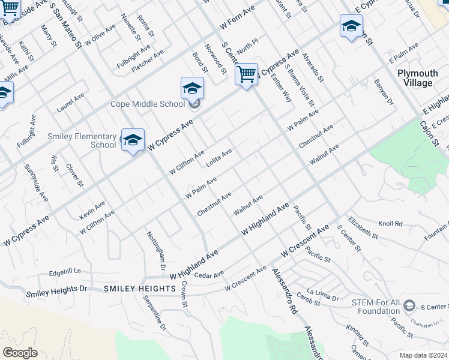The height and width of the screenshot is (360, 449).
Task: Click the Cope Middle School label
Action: (x=148, y=104)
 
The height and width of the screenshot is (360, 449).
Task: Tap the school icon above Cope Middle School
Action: (x=192, y=89)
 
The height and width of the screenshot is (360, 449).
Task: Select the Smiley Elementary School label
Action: (x=82, y=140)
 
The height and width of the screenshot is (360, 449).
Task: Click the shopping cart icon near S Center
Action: (x=246, y=75)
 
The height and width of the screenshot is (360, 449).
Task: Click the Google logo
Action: (x=20, y=353)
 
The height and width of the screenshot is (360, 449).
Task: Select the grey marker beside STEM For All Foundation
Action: (x=409, y=305)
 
